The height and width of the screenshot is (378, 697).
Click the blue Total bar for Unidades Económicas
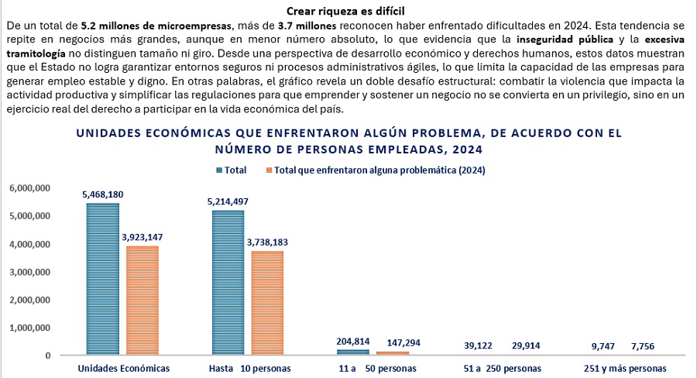[x=102, y=279]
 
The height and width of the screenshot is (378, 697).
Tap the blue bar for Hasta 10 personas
[x=228, y=283]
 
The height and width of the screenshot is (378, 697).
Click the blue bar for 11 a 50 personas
[x=353, y=352]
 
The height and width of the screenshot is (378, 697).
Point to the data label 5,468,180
[x=102, y=194]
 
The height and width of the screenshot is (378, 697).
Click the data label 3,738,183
[x=267, y=242]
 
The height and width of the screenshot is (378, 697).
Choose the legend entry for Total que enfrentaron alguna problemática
[x=379, y=170]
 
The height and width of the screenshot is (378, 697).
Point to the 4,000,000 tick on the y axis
[x=29, y=244]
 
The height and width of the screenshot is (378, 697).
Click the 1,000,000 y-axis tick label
[x=29, y=328]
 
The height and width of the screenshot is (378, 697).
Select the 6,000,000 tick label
[x=29, y=188]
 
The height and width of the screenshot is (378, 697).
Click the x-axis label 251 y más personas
[x=625, y=368]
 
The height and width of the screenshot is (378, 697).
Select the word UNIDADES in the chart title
[x=112, y=133]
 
